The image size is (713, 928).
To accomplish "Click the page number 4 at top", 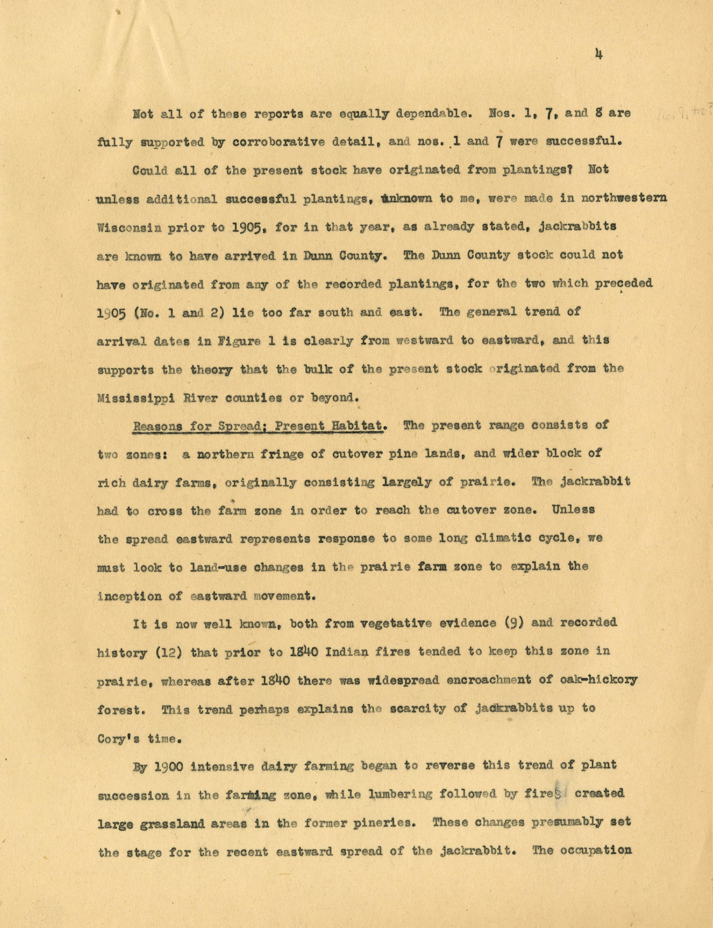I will pos(599,55).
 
